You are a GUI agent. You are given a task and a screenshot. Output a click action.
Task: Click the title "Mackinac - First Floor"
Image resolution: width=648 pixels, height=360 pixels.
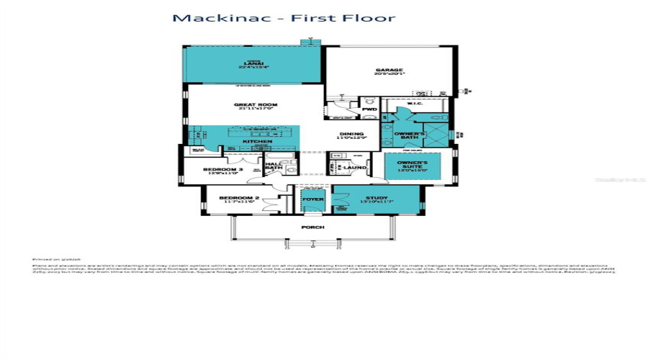(283, 17)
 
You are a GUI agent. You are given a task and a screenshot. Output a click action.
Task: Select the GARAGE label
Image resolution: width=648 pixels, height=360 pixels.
(390, 71)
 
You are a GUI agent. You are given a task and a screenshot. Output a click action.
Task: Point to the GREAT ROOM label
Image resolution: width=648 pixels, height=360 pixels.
(256, 105)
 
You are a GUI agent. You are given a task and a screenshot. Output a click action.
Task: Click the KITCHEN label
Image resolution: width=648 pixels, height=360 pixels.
(256, 142)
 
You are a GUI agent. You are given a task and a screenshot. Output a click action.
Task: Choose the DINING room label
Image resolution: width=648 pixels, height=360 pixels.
(353, 134)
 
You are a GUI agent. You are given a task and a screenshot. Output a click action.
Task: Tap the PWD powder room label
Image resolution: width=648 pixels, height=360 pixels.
(369, 109)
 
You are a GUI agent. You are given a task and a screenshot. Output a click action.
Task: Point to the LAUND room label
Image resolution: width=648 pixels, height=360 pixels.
(356, 168)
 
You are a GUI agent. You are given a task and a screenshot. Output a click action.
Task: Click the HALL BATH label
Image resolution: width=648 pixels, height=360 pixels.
(274, 166)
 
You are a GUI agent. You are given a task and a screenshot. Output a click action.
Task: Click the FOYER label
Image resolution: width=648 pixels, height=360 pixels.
(312, 199)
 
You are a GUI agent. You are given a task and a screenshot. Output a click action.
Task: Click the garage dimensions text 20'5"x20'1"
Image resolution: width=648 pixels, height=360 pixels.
(390, 75)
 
